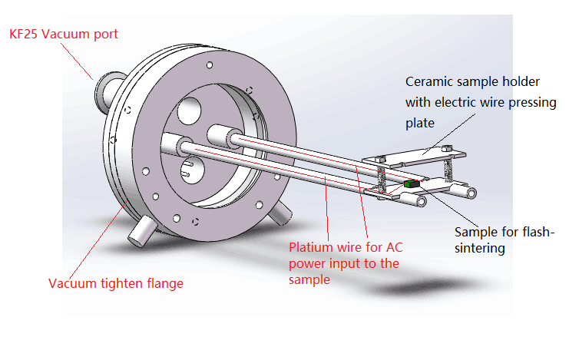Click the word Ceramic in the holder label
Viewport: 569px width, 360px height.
click(428, 81)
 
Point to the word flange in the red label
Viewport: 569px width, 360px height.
click(164, 283)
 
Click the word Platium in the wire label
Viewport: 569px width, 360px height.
click(310, 248)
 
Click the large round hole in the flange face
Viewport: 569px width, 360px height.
click(188, 114)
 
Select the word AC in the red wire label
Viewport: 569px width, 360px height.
click(396, 248)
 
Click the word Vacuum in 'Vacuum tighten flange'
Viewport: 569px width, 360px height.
click(71, 283)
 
